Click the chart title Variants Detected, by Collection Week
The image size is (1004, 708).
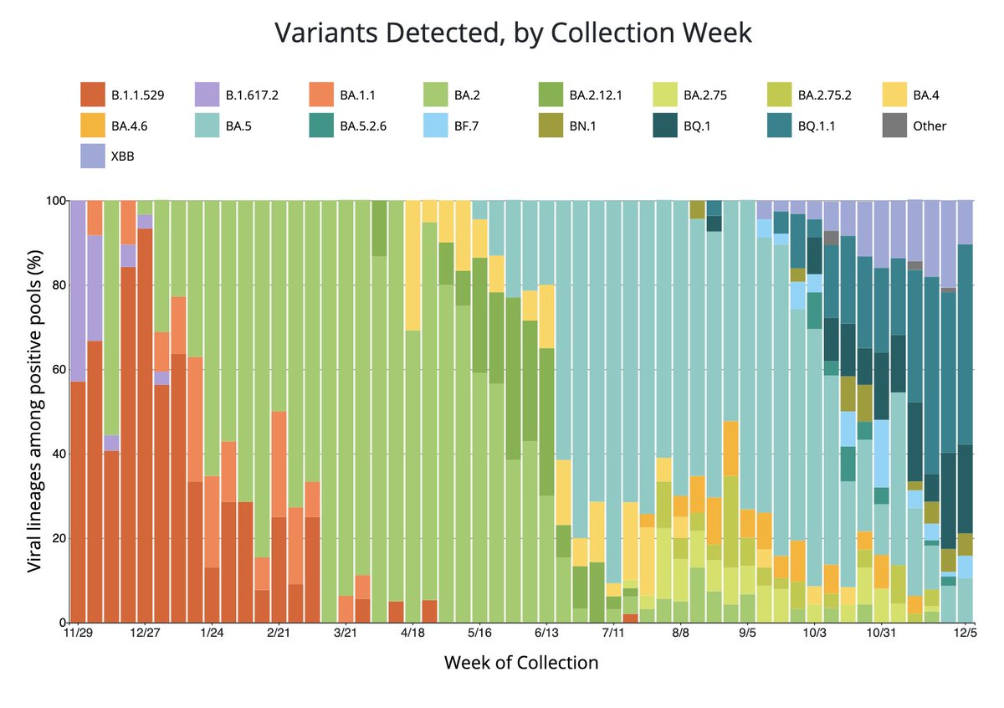pyautogui.click(x=514, y=34)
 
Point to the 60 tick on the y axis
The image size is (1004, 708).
pyautogui.click(x=56, y=369)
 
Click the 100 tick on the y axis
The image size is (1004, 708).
pyautogui.click(x=53, y=201)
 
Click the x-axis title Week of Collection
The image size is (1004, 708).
pyautogui.click(x=521, y=663)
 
